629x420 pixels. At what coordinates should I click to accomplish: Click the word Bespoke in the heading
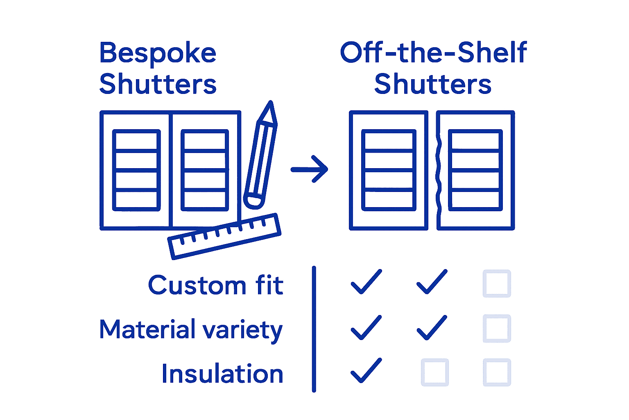tap(158, 53)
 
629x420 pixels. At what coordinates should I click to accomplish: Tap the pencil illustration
tap(261, 156)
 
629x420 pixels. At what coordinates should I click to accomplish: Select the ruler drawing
tap(224, 236)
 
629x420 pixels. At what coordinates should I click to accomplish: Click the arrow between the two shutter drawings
tap(310, 169)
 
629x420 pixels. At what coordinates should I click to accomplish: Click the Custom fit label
tap(216, 285)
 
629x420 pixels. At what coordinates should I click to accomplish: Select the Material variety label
tap(191, 329)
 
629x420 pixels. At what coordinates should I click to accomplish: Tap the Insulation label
tap(222, 374)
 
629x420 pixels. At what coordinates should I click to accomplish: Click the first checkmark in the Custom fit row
tap(366, 282)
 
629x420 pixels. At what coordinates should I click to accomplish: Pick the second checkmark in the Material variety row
tap(432, 328)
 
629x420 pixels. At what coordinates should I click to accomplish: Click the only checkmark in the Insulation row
tap(366, 371)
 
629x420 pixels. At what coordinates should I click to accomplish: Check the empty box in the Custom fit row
tap(497, 283)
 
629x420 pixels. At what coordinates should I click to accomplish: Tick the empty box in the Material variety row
tap(497, 328)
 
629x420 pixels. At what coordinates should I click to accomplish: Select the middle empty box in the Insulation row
tap(435, 372)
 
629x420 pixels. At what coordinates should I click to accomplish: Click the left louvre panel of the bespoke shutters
tap(136, 170)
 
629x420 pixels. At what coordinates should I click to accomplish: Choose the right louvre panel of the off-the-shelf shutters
tap(475, 170)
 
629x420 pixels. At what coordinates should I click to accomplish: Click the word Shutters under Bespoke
tap(158, 84)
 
